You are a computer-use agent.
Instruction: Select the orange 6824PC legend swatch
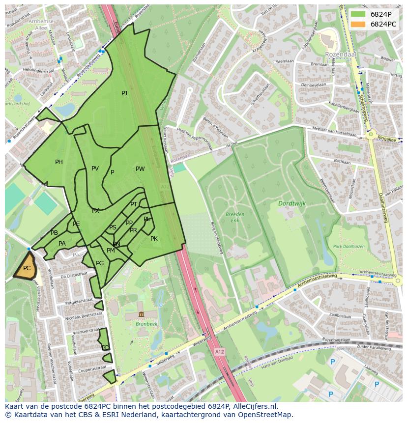(358, 24)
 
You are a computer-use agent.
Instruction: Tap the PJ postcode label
(124, 93)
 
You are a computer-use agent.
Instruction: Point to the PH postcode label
(59, 162)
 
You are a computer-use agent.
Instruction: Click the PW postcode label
(140, 169)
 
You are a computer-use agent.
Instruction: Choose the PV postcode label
(95, 169)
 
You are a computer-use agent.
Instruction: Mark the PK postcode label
(154, 239)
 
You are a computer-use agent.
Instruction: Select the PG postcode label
(100, 263)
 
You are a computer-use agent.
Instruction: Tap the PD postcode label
(105, 348)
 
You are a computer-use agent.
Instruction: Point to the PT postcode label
(134, 204)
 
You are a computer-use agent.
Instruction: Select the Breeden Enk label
(235, 217)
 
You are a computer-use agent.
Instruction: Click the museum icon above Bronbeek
(141, 314)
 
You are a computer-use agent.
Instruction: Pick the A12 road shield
(219, 352)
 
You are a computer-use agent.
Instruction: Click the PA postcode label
(62, 244)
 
